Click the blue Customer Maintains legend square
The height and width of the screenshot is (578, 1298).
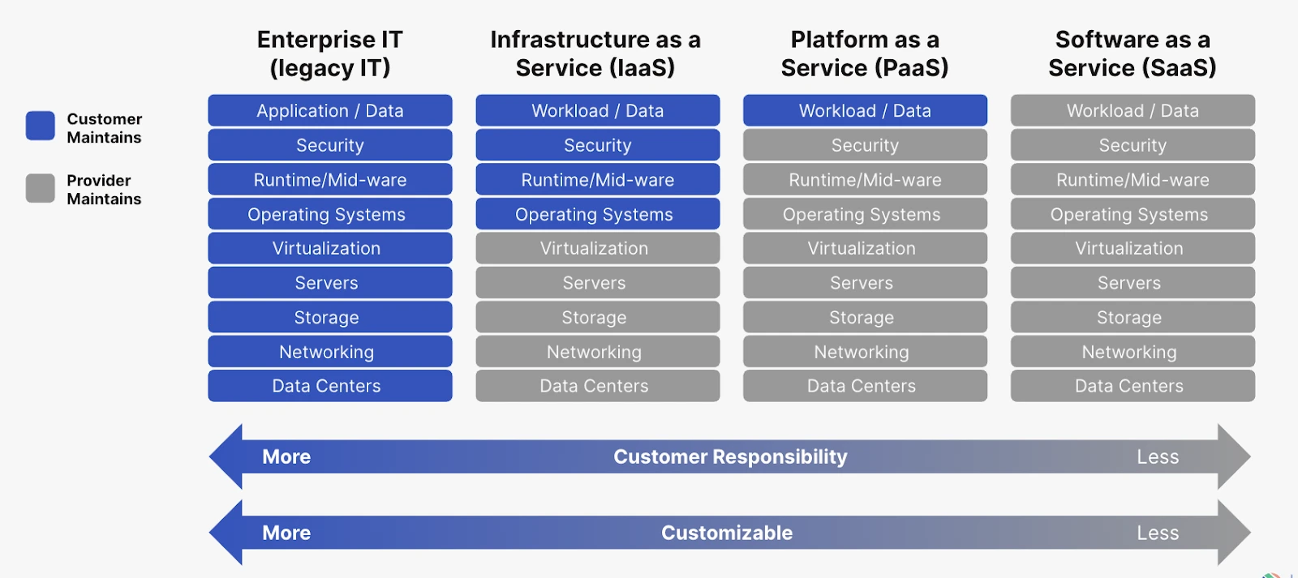(40, 126)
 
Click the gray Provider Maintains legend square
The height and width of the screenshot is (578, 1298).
(40, 188)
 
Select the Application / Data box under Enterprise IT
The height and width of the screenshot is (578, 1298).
(329, 111)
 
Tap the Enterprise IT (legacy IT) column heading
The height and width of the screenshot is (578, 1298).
(329, 54)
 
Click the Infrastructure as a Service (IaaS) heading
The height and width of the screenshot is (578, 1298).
(595, 54)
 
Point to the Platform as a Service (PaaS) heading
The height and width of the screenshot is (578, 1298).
(865, 54)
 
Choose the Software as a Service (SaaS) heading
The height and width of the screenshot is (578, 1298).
(1133, 54)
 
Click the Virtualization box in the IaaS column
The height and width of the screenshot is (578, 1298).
(597, 249)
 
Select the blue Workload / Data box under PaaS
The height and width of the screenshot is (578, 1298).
(865, 111)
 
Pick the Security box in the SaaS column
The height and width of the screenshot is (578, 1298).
(1133, 145)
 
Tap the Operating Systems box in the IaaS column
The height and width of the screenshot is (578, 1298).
(597, 214)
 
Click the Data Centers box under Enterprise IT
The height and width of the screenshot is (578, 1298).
(329, 386)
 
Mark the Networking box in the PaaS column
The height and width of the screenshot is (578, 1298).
(865, 352)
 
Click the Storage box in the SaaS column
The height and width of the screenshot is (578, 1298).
(1133, 317)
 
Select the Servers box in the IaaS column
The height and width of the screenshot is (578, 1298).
(597, 283)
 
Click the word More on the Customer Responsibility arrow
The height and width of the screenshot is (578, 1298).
(286, 457)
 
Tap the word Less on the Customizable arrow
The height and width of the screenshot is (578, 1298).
(1158, 533)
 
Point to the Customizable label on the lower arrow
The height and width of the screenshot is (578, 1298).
(727, 533)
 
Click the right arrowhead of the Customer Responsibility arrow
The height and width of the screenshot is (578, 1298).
(1233, 457)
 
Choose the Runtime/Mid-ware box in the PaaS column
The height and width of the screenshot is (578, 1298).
(865, 180)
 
